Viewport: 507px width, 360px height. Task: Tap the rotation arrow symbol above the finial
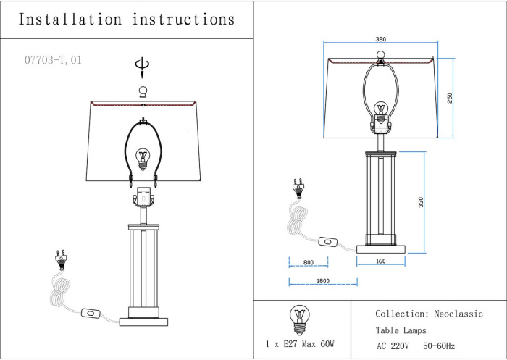143,67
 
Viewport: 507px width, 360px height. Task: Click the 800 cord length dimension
308,262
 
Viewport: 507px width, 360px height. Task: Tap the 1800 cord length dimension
322,280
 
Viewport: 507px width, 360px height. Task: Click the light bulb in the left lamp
143,156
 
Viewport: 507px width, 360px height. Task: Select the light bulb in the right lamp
381,112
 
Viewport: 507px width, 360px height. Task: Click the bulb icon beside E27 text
298,316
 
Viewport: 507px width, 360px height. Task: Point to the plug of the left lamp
61,259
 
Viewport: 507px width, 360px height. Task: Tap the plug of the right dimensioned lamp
296,190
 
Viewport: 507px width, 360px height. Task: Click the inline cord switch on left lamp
92,314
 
